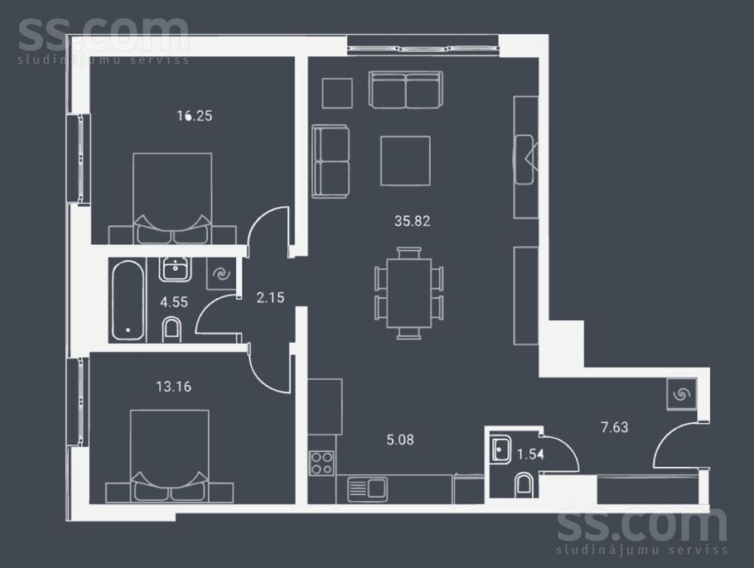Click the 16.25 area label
pyautogui.click(x=194, y=116)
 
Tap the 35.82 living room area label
pyautogui.click(x=412, y=221)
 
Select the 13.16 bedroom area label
pyautogui.click(x=174, y=387)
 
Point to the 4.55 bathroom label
pyautogui.click(x=174, y=302)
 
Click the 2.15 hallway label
pyautogui.click(x=270, y=298)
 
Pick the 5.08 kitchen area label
pyautogui.click(x=400, y=440)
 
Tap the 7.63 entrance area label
pyautogui.click(x=615, y=427)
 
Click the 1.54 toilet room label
pyautogui.click(x=530, y=454)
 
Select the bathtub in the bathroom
pyautogui.click(x=128, y=301)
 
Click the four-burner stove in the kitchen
pyautogui.click(x=321, y=463)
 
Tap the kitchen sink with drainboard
pyautogui.click(x=367, y=489)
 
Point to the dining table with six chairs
pyautogui.click(x=408, y=293)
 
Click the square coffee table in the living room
pyautogui.click(x=405, y=161)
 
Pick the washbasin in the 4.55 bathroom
pyautogui.click(x=175, y=269)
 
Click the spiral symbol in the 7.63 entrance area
pyautogui.click(x=681, y=394)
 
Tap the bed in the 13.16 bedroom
pyautogui.click(x=170, y=456)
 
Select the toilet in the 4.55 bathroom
pyautogui.click(x=172, y=330)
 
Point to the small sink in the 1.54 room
pyautogui.click(x=501, y=450)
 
